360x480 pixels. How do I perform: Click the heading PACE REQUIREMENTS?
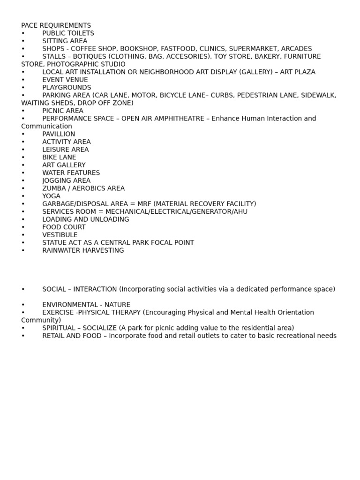[56, 25]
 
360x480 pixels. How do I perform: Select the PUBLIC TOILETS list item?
[68, 33]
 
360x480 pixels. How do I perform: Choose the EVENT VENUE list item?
[65, 80]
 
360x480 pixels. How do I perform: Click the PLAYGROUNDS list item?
[67, 88]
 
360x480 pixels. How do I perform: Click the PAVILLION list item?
[59, 134]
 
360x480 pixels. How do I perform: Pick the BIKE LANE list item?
[59, 157]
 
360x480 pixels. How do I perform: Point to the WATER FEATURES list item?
[71, 173]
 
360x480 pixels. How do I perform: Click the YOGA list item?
[51, 196]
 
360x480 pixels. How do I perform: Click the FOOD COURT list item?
[64, 227]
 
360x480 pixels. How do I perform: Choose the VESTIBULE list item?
[60, 235]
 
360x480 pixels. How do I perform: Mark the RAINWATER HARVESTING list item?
[83, 250]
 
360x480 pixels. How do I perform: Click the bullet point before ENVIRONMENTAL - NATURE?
[23, 305]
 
